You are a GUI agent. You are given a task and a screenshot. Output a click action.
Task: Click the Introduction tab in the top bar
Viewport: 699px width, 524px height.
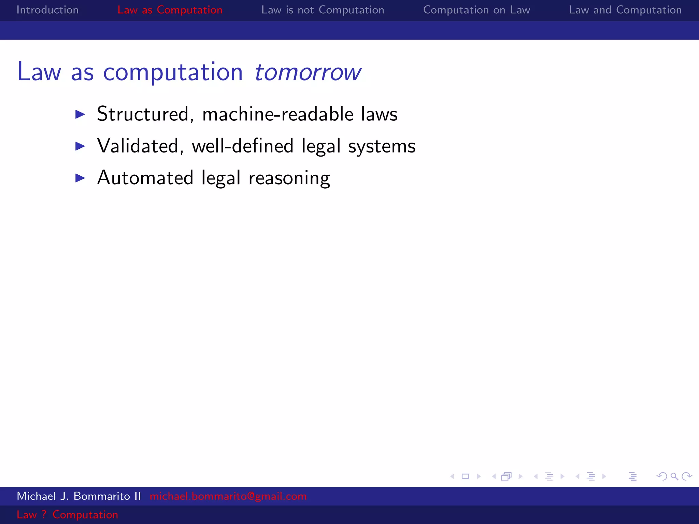pos(47,10)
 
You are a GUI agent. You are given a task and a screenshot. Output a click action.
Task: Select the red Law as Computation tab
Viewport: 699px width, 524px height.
pos(170,10)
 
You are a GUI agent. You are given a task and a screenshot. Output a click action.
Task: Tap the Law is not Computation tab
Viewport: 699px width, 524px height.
pos(323,10)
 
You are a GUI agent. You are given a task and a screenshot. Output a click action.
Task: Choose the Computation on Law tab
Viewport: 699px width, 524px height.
pos(476,10)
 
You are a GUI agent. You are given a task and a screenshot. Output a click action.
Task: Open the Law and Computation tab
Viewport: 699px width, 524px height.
pos(625,10)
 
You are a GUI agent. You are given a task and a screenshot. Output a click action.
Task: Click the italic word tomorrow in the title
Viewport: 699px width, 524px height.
pos(307,72)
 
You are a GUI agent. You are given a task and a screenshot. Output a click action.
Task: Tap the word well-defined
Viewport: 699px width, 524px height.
pos(242,146)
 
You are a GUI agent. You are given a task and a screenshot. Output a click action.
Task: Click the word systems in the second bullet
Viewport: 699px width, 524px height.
pos(382,146)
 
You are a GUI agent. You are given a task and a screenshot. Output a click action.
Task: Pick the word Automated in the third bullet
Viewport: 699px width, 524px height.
pos(145,178)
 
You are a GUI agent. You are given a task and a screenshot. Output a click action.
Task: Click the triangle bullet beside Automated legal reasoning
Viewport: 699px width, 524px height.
pos(80,178)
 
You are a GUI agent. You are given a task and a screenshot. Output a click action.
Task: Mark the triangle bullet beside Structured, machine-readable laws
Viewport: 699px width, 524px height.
pos(80,114)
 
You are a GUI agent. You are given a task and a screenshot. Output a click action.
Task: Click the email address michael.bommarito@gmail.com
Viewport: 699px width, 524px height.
pos(228,496)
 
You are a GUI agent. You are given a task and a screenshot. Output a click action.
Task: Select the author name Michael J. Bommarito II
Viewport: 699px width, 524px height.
pos(79,496)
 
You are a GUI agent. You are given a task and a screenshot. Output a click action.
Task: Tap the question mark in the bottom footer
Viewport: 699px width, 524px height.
pos(44,514)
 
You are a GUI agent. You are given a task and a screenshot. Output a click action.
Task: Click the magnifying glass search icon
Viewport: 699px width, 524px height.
pos(674,476)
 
